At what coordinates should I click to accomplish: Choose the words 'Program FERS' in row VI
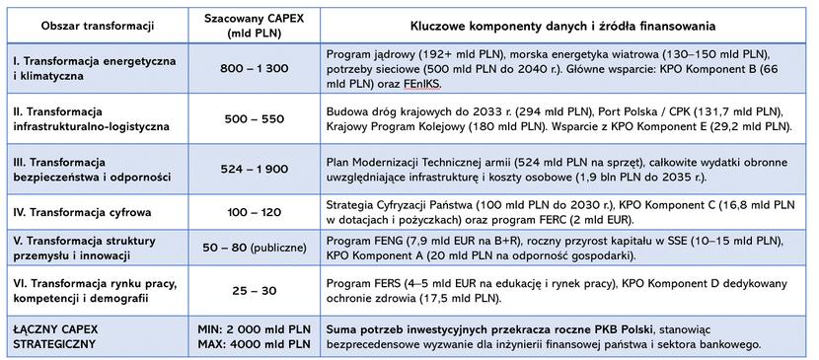[x=364, y=283]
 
